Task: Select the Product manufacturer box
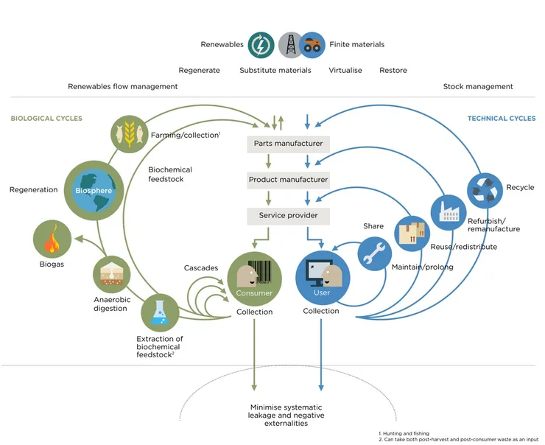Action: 288,179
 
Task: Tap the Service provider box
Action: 288,215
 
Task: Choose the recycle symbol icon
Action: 484,188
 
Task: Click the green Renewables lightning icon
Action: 261,45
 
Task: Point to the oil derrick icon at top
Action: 290,45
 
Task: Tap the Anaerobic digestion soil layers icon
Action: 111,275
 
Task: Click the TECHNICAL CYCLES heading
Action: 501,119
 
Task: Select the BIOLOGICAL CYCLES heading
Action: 46,119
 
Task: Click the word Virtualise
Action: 345,71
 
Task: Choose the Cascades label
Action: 200,267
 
